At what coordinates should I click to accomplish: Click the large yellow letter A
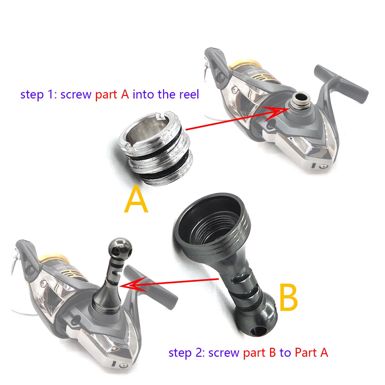pos(136,199)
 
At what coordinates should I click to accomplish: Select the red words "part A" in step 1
pos(112,95)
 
